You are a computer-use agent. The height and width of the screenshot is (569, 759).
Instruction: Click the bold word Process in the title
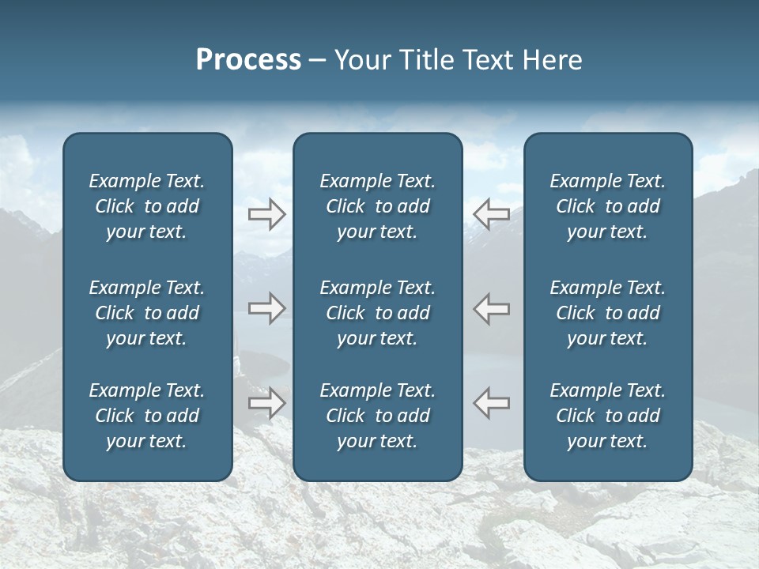(x=248, y=60)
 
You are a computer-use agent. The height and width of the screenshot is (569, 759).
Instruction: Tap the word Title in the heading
(x=426, y=60)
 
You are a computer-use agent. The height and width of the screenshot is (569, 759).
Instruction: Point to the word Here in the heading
(x=553, y=60)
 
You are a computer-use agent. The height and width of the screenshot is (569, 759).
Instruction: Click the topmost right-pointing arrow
(x=266, y=213)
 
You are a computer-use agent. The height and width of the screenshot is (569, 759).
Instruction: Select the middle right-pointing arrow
(x=266, y=308)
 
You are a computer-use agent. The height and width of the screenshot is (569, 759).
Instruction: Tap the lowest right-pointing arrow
(x=266, y=403)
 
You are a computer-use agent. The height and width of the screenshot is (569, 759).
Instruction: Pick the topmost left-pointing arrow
(x=491, y=213)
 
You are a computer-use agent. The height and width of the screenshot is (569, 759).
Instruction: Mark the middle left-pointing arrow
(x=491, y=308)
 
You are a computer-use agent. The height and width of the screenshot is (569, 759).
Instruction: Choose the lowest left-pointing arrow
(x=491, y=403)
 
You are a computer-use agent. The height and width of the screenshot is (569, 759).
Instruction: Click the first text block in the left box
(x=147, y=206)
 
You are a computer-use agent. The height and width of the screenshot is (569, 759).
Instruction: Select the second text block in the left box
(x=147, y=313)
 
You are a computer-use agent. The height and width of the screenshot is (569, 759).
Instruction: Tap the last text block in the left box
(x=147, y=416)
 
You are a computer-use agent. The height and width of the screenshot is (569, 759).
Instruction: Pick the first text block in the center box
(x=377, y=206)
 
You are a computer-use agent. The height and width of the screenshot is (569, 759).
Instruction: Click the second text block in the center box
(x=377, y=313)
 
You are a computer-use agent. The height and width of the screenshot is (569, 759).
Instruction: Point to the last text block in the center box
(x=377, y=416)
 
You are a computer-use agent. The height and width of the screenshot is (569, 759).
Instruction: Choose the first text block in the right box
(x=607, y=206)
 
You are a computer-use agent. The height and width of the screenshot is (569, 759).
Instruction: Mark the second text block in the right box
(x=607, y=313)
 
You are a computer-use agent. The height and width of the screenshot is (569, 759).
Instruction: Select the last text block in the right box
(x=607, y=416)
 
